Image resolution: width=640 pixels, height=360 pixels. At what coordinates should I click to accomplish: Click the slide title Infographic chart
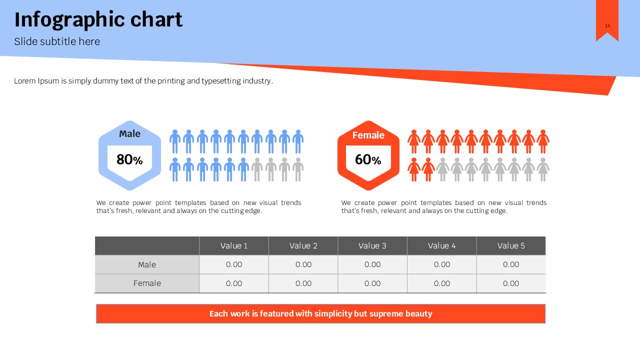(98, 20)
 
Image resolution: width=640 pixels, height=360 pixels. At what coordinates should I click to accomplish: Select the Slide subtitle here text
(57, 41)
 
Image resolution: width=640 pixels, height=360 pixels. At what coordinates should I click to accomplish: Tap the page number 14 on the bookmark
(607, 25)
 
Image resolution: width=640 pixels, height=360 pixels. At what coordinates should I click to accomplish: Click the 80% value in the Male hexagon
(129, 159)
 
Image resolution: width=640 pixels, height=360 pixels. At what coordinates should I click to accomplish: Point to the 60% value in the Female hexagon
(368, 159)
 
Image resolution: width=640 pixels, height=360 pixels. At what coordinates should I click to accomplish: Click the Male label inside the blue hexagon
(129, 133)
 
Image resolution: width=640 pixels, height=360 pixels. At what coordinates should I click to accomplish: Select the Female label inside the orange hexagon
(368, 135)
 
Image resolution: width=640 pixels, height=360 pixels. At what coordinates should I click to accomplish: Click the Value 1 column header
(234, 245)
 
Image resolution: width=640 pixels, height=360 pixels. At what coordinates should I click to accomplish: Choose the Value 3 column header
(372, 245)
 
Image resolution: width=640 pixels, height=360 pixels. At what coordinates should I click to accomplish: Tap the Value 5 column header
(511, 245)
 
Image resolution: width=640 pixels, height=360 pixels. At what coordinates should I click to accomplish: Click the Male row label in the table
(147, 264)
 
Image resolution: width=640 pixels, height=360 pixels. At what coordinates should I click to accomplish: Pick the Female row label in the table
(147, 283)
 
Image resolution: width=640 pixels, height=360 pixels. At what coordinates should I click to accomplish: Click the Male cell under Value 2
(303, 264)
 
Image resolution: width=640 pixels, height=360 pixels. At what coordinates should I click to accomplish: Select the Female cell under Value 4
(442, 283)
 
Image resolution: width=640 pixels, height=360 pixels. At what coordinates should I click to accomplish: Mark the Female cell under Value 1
(234, 283)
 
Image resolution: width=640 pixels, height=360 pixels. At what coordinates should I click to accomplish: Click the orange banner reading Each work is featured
(320, 313)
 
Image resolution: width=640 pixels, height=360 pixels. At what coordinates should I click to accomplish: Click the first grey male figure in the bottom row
(257, 169)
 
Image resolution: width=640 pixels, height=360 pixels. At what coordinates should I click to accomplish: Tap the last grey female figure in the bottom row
(543, 169)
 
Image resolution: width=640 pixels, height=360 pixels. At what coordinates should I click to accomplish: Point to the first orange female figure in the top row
(414, 141)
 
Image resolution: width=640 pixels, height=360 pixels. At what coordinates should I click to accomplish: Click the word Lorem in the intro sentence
(25, 81)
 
